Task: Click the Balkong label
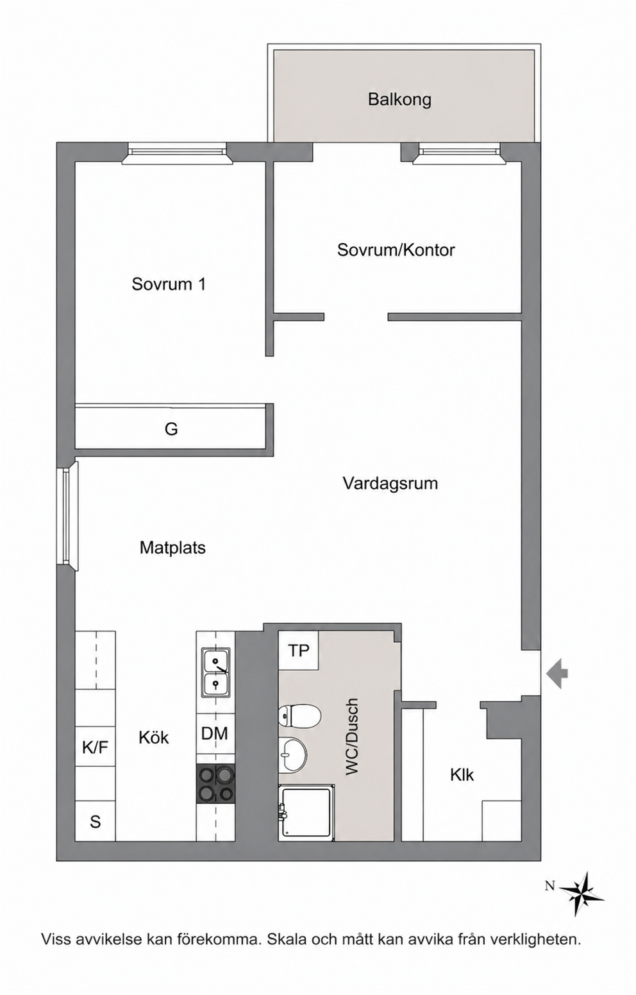point(399,99)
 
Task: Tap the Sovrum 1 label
point(169,284)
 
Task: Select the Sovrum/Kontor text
point(396,250)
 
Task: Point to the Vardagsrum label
point(390,483)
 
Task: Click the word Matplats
point(172,548)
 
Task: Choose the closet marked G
point(171,429)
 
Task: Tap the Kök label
point(154,738)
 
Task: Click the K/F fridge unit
point(95,747)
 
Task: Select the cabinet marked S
point(95,822)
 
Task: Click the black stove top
point(215,783)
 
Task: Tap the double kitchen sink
point(215,672)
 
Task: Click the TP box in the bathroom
point(298,651)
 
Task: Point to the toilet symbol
point(299,715)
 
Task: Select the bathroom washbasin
point(293,754)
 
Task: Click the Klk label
point(462,775)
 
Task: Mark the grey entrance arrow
point(556,674)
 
